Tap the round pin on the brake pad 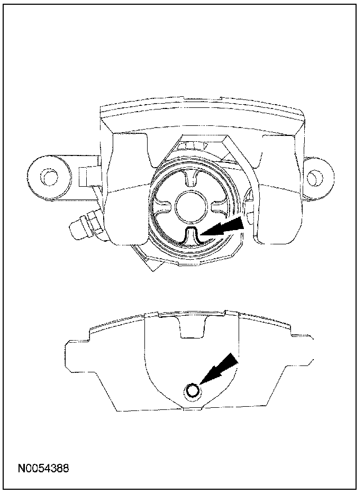pyautogui.click(x=193, y=391)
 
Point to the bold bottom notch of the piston pyautogui.click(x=192, y=236)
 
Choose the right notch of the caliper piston pyautogui.click(x=220, y=203)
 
